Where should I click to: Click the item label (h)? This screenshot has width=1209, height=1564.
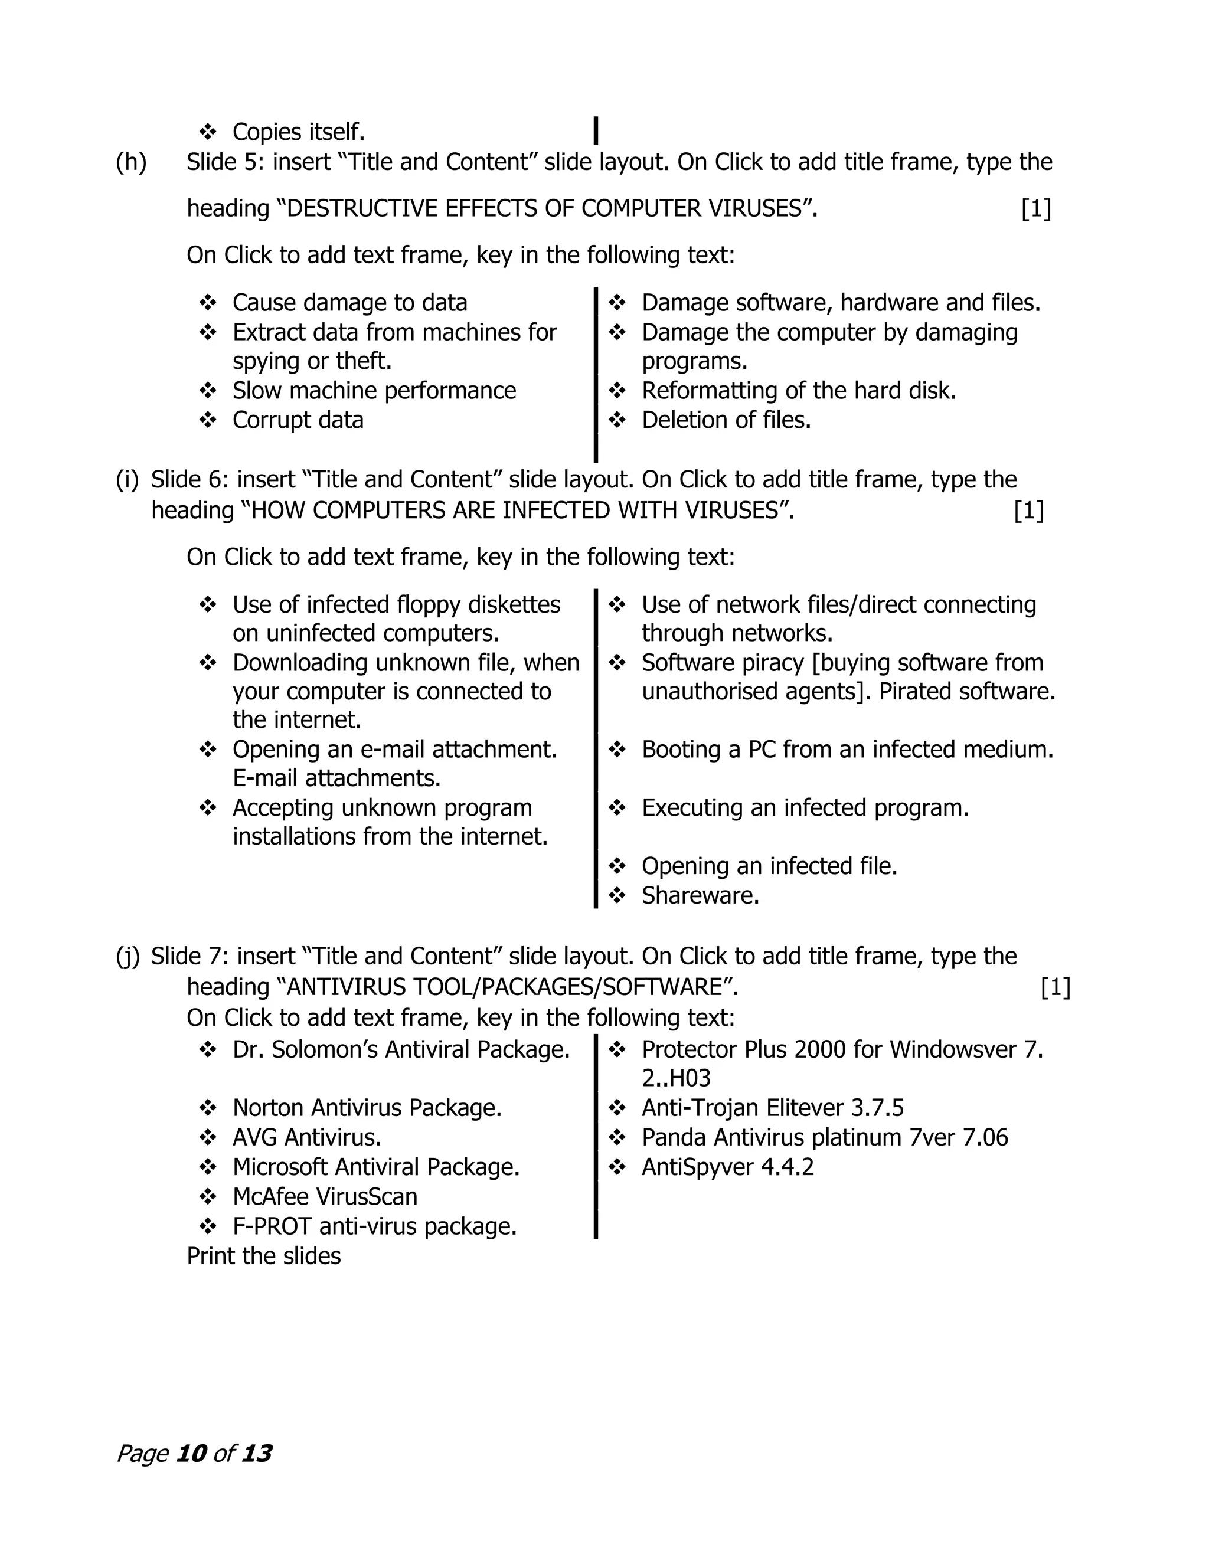pyautogui.click(x=131, y=162)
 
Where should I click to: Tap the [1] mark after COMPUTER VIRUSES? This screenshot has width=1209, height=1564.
pyautogui.click(x=1035, y=208)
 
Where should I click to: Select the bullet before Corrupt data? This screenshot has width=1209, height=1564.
pyautogui.click(x=208, y=420)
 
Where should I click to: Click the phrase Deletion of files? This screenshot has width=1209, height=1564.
pyautogui.click(x=726, y=420)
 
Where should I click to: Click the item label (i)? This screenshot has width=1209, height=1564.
pyautogui.click(x=128, y=480)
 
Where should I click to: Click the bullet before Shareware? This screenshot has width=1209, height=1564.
pyautogui.click(x=617, y=896)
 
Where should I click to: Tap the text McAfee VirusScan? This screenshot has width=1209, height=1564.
pyautogui.click(x=325, y=1197)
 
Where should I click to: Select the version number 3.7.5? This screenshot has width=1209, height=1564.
pyautogui.click(x=877, y=1108)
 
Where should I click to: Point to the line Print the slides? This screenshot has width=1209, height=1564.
pyautogui.click(x=263, y=1256)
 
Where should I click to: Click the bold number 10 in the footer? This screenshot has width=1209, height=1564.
pyautogui.click(x=191, y=1454)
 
